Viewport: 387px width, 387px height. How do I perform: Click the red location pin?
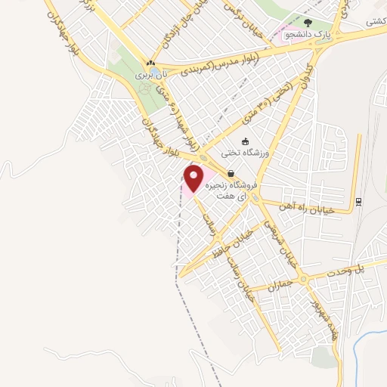[194, 178]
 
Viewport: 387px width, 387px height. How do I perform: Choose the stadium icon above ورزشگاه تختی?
[245, 141]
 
